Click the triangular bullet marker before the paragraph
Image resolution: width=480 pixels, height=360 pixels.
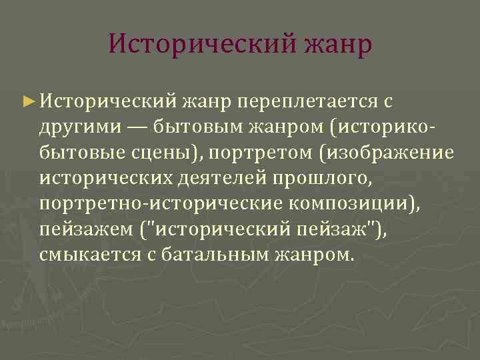pyautogui.click(x=27, y=101)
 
